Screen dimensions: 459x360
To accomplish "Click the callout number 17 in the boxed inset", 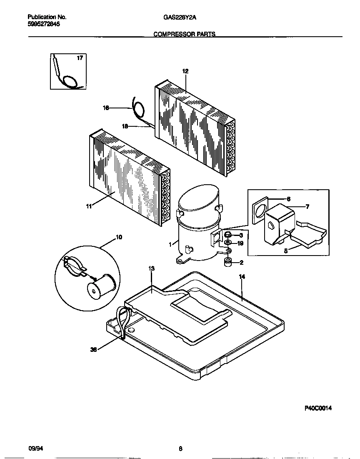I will coord(79,58).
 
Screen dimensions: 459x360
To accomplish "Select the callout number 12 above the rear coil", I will coord(185,71).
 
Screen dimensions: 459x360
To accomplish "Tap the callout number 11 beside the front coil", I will coord(89,206).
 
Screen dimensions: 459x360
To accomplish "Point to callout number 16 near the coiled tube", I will coord(106,108).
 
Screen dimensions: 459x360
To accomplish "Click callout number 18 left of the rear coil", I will coord(124,125).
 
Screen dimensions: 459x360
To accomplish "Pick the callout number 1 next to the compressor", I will coord(170,245).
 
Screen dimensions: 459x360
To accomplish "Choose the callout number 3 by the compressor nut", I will coord(241,236).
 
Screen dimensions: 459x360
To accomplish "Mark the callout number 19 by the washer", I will coord(240,243).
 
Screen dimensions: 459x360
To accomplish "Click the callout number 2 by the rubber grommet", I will coord(241,263).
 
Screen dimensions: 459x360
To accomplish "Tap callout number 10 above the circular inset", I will coord(119,237).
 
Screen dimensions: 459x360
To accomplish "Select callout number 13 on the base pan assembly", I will coord(151,269).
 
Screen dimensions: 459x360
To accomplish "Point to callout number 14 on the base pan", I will coord(242,276).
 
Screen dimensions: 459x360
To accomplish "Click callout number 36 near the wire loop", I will coord(93,350).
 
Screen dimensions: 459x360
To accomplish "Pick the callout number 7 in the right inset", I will coord(307,207).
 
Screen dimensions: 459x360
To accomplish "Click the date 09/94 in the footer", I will coord(35,449).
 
